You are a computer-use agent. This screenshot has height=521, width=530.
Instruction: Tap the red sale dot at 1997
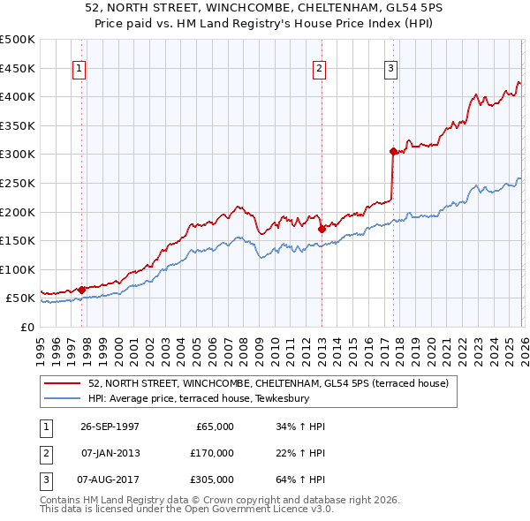pos(82,290)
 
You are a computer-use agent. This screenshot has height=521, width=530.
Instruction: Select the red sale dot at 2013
pos(321,229)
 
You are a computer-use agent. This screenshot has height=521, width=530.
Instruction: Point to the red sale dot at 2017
pos(392,151)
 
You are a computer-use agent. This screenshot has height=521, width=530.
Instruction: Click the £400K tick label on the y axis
pos(18,97)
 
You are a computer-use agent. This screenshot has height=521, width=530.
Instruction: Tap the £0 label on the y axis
pos(26,327)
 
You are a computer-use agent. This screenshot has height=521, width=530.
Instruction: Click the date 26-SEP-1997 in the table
pos(110,427)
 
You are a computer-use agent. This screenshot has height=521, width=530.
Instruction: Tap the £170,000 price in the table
pos(211,453)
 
